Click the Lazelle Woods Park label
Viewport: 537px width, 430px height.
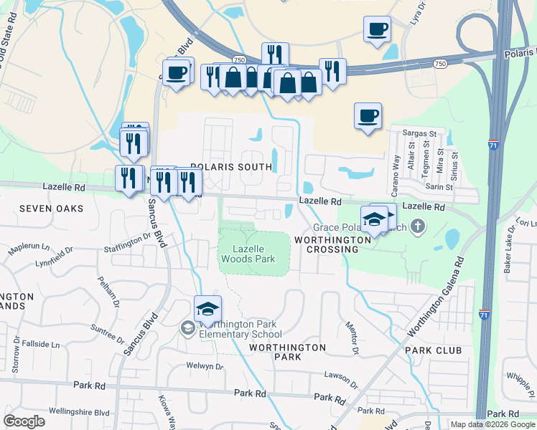coord(254,253)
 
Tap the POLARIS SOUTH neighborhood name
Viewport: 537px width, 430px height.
coord(231,167)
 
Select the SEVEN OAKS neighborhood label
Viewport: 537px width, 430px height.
coord(51,209)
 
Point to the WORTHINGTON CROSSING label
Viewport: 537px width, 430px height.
coord(327,244)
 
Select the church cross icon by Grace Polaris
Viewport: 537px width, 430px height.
coord(419,228)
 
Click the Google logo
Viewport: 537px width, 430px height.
coord(24,421)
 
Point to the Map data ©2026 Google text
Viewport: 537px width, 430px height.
coord(492,424)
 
